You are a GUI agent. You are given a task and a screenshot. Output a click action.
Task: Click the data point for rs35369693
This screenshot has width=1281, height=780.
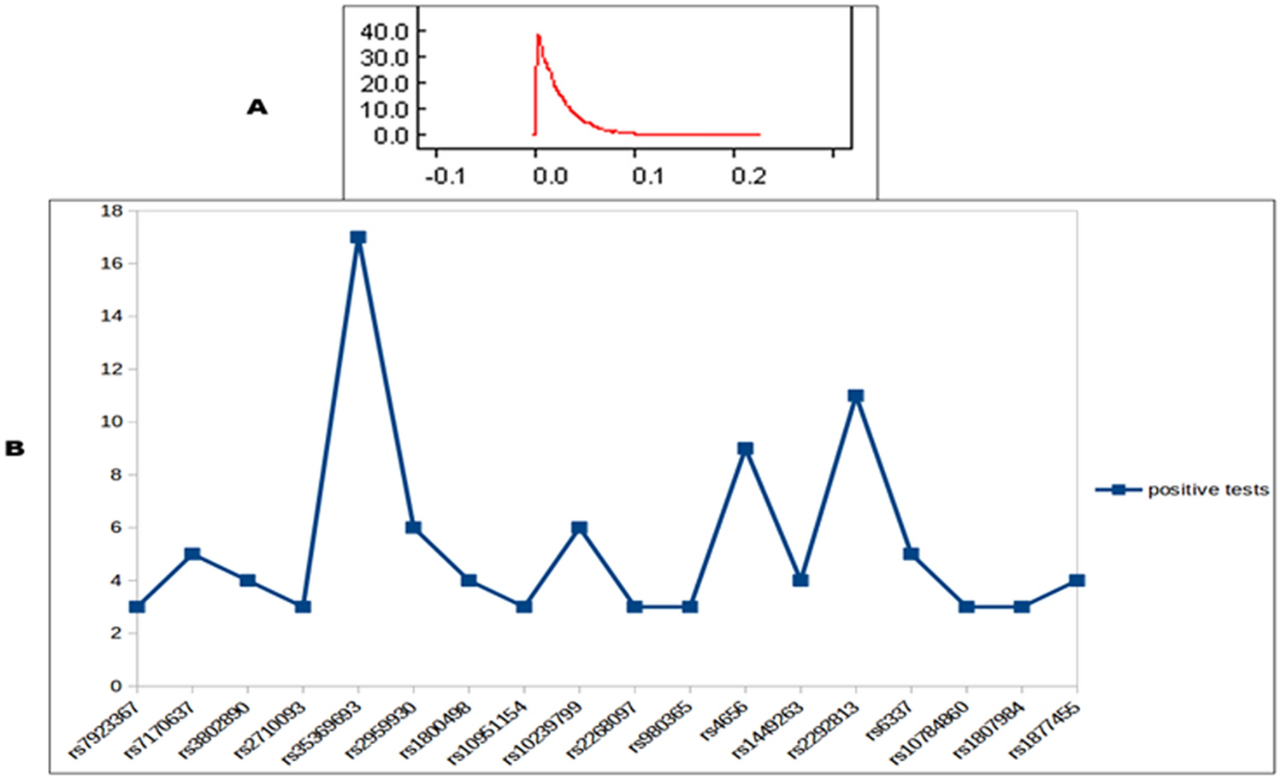click(358, 237)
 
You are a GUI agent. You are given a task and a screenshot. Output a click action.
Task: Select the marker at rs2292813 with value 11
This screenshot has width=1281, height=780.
click(856, 396)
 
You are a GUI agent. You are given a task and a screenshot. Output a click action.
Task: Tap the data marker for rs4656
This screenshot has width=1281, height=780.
click(746, 449)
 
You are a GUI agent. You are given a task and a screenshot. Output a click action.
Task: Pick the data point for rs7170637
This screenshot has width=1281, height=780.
click(192, 554)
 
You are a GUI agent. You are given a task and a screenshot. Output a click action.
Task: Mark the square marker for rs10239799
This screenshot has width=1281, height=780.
click(580, 528)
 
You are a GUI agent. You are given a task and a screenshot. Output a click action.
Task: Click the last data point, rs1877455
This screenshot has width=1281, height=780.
click(1077, 581)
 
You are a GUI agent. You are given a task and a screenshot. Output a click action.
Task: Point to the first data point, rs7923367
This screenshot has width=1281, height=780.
click(137, 606)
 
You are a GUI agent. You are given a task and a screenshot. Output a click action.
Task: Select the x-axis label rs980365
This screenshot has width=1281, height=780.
click(661, 726)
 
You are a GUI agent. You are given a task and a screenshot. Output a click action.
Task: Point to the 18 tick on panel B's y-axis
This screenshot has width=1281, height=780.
click(112, 210)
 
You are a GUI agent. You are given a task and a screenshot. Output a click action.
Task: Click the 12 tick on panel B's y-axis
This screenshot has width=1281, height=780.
click(112, 369)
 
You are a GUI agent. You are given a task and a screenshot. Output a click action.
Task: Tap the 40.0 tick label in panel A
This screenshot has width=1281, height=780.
click(384, 32)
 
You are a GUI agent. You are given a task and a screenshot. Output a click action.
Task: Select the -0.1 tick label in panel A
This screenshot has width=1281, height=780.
click(445, 176)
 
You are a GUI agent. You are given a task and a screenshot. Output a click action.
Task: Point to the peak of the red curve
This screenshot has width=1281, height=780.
click(538, 35)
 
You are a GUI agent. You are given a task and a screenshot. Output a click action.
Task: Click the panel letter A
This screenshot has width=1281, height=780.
click(257, 107)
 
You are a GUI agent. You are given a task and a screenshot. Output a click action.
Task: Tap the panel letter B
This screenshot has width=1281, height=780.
click(15, 449)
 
